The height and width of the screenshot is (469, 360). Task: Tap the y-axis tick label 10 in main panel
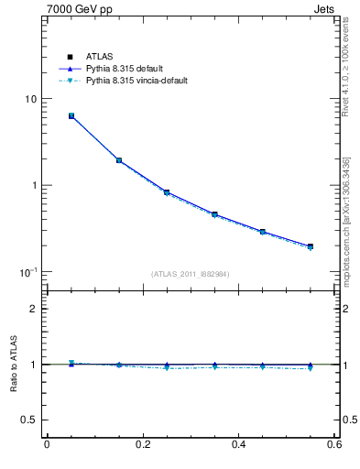pos(30,99)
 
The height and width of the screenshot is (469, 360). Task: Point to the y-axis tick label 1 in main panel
pos(33,185)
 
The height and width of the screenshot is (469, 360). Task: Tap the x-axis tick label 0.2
pos(142,445)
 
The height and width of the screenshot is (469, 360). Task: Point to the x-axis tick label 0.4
pos(238,445)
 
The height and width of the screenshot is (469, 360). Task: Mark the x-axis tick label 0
pos(47,445)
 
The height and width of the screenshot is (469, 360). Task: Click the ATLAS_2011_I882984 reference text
pos(191,274)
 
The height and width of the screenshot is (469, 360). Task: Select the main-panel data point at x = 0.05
pos(71,116)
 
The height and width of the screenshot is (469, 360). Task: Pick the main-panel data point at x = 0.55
pos(311,246)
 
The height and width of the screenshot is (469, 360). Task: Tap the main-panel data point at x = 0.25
pos(167,192)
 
